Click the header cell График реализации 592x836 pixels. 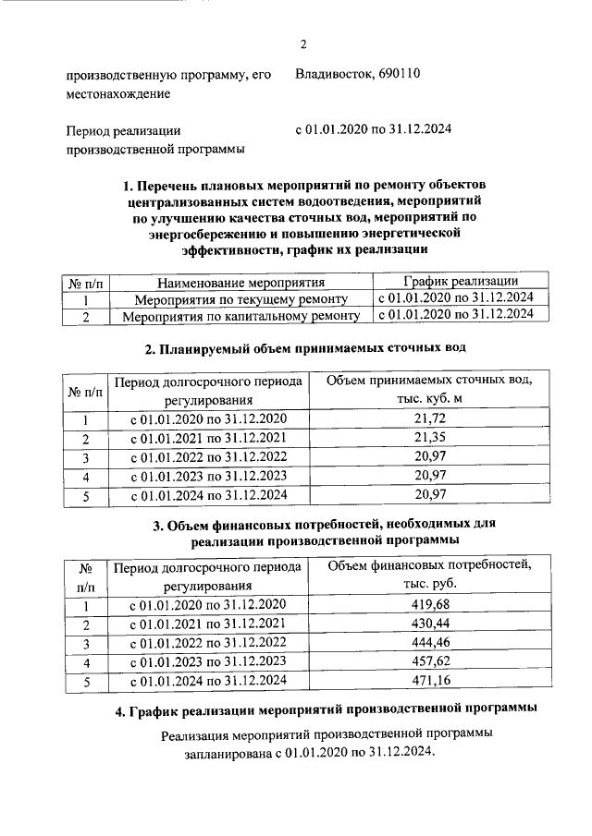[x=460, y=282]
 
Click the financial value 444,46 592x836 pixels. [x=435, y=643]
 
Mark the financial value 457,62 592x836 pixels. [x=435, y=662]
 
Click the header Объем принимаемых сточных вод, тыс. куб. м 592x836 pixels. [x=431, y=389]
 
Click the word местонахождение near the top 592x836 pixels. [x=117, y=93]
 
